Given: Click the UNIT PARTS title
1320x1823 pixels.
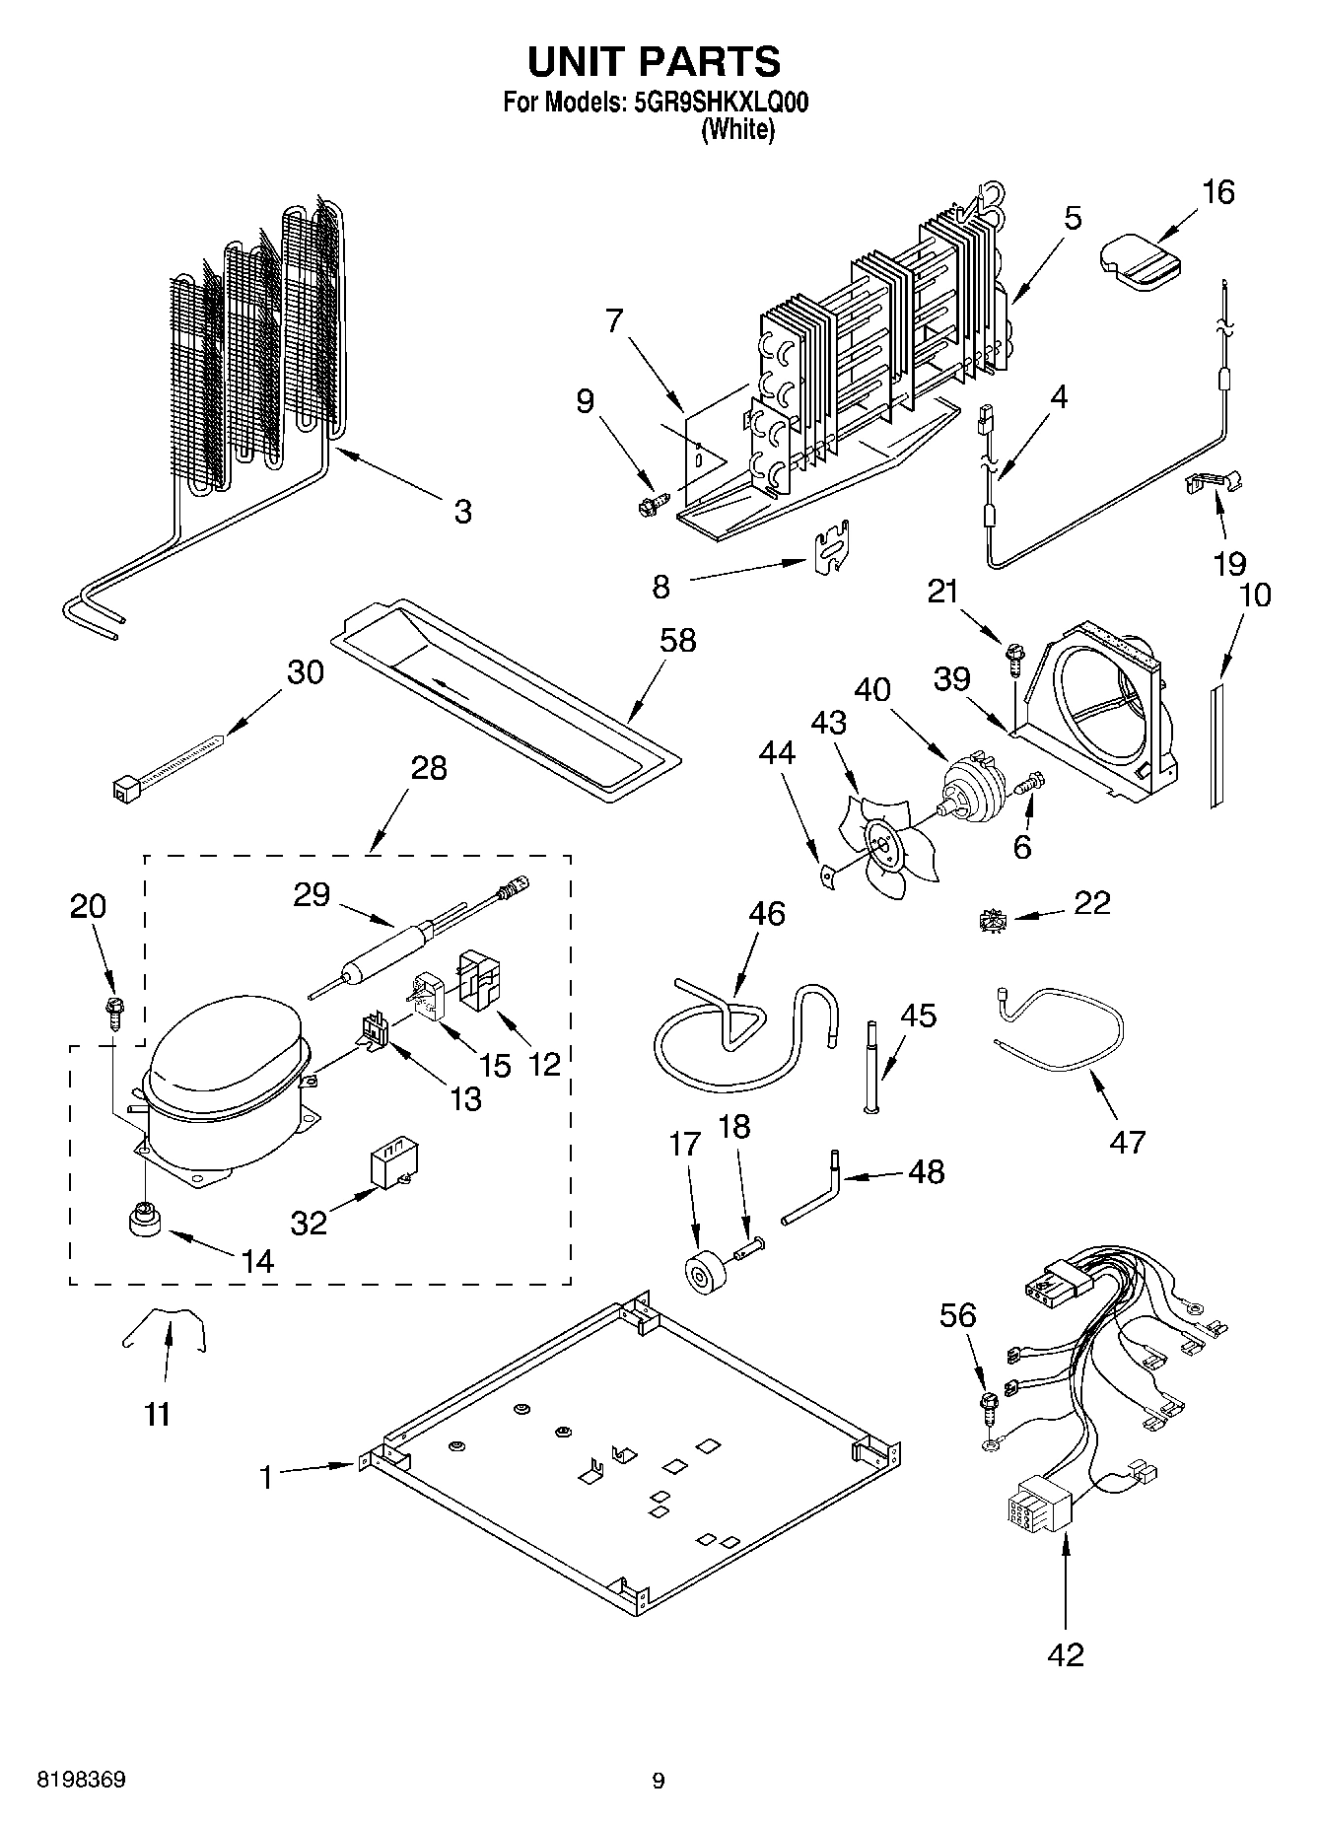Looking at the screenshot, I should [x=654, y=61].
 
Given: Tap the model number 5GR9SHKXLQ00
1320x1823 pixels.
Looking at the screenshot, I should [x=717, y=103].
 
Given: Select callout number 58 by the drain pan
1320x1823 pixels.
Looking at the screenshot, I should [x=677, y=641].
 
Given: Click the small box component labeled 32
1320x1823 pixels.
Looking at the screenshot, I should [x=390, y=1165].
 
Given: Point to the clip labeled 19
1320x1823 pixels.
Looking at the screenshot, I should [x=1212, y=483].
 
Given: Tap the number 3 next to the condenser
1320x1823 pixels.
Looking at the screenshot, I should [x=462, y=512].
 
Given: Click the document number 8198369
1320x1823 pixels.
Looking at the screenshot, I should [x=81, y=1780].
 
